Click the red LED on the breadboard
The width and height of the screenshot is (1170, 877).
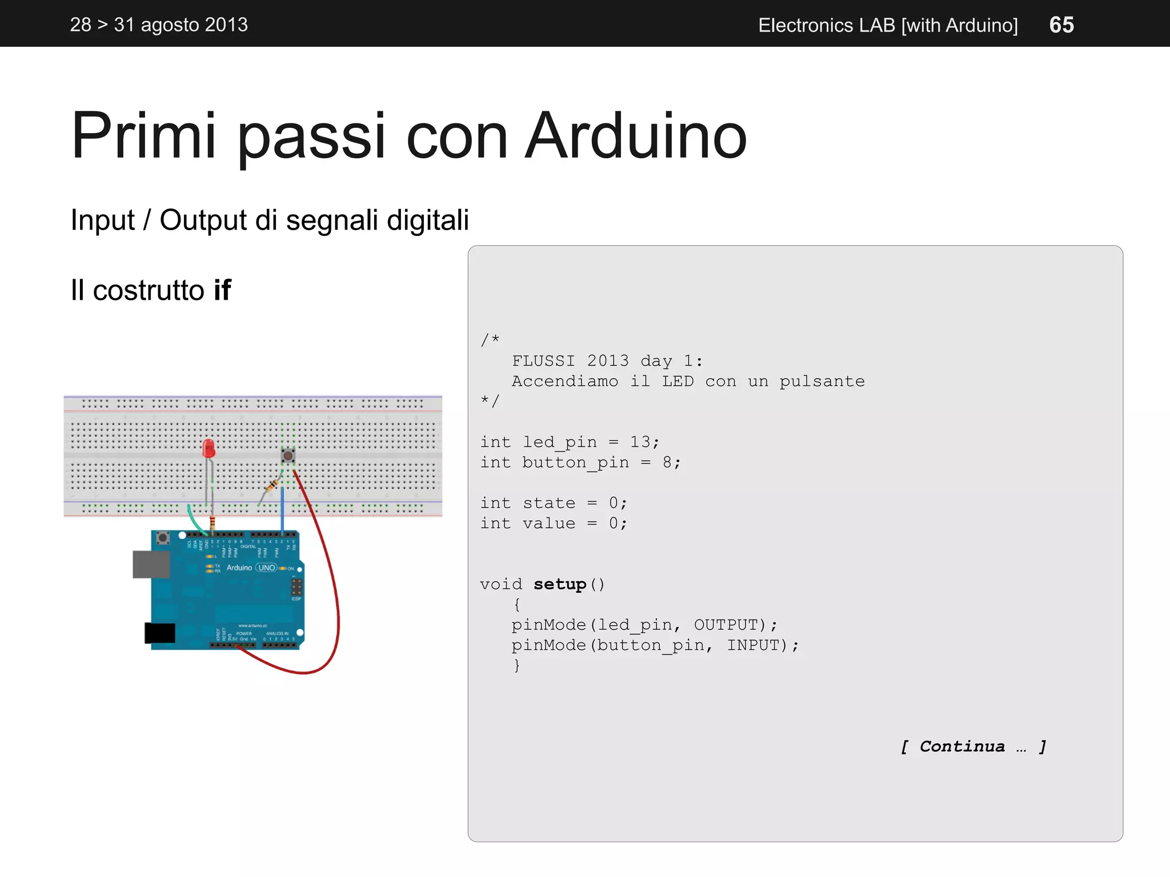pos(209,448)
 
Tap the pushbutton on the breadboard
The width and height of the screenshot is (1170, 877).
pos(288,456)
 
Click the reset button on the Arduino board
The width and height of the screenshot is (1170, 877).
pos(163,537)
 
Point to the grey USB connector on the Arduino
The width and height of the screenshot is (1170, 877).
pos(151,564)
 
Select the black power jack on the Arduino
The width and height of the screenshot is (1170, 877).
pos(160,633)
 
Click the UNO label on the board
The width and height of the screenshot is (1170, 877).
pos(267,568)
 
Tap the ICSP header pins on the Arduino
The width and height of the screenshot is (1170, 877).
pos(296,587)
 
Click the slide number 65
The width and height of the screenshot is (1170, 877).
pos(1061,25)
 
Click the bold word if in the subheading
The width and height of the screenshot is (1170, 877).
pos(222,290)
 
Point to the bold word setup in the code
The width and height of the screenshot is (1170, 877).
pos(560,584)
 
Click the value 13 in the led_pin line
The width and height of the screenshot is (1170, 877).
pos(640,442)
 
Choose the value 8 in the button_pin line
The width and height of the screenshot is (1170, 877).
pos(667,462)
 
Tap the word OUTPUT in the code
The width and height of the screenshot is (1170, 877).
pos(726,625)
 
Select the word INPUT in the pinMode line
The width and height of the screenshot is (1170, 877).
pos(753,645)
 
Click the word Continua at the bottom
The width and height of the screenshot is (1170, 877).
pos(962,746)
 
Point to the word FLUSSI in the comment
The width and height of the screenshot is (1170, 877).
pos(543,361)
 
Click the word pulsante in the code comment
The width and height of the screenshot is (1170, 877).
pos(822,381)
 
